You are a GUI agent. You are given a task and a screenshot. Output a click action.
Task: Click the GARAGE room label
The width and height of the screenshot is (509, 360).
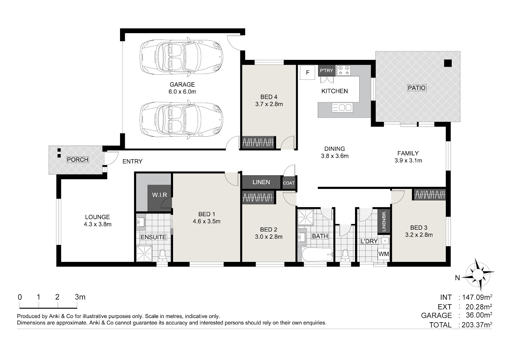tap(182, 84)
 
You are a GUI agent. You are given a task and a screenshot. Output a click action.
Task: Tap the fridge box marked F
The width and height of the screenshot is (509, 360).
tap(308, 73)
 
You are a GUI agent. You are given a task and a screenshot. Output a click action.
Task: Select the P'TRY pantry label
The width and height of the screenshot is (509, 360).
tap(327, 70)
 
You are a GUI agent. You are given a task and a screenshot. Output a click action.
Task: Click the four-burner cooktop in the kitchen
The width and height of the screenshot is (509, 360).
tap(344, 70)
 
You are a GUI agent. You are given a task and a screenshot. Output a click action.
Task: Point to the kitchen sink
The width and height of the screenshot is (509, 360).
tap(342, 108)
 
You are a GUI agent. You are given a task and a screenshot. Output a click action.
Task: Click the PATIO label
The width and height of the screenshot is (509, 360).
tap(417, 88)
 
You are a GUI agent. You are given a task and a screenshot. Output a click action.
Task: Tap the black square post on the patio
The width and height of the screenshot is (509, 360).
tap(448, 63)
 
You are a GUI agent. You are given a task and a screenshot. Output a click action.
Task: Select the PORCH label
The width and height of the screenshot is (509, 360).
tap(78, 160)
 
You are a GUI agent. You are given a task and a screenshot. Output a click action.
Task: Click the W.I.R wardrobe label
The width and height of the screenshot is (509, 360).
tap(159, 195)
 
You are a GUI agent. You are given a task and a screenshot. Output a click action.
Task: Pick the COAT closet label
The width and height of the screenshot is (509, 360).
tap(288, 183)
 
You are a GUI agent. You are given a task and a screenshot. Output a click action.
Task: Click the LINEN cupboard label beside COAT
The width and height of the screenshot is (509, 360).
tap(261, 182)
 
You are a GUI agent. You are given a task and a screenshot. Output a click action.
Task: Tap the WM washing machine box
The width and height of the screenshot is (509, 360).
tap(383, 254)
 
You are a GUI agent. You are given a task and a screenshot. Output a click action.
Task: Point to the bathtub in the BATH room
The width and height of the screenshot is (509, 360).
tap(318, 254)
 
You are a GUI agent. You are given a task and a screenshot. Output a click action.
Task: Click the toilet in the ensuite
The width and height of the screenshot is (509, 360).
tap(162, 256)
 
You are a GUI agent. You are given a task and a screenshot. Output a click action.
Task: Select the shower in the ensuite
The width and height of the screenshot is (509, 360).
tap(144, 253)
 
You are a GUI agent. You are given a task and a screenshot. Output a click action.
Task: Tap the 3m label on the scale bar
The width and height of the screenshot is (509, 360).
tap(80, 297)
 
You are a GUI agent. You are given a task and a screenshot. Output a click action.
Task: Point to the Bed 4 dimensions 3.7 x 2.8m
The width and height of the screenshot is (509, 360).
tap(269, 104)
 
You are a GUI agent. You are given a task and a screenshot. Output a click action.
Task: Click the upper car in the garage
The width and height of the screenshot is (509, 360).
tap(182, 56)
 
